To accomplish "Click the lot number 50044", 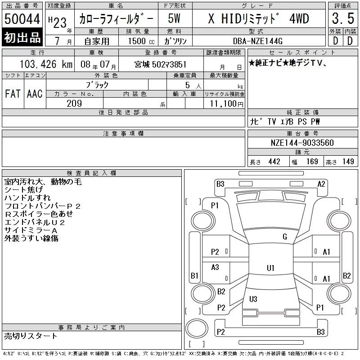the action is (22, 19).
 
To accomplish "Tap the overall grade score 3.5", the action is (343, 18).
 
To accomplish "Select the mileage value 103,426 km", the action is (46, 64).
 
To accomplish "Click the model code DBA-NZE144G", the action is (257, 41).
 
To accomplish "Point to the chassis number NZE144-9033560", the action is (302, 143).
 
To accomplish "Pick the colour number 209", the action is (74, 103).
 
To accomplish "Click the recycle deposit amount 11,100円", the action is (227, 104).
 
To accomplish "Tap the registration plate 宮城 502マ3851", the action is (160, 64).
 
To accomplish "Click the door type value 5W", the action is (174, 18).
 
